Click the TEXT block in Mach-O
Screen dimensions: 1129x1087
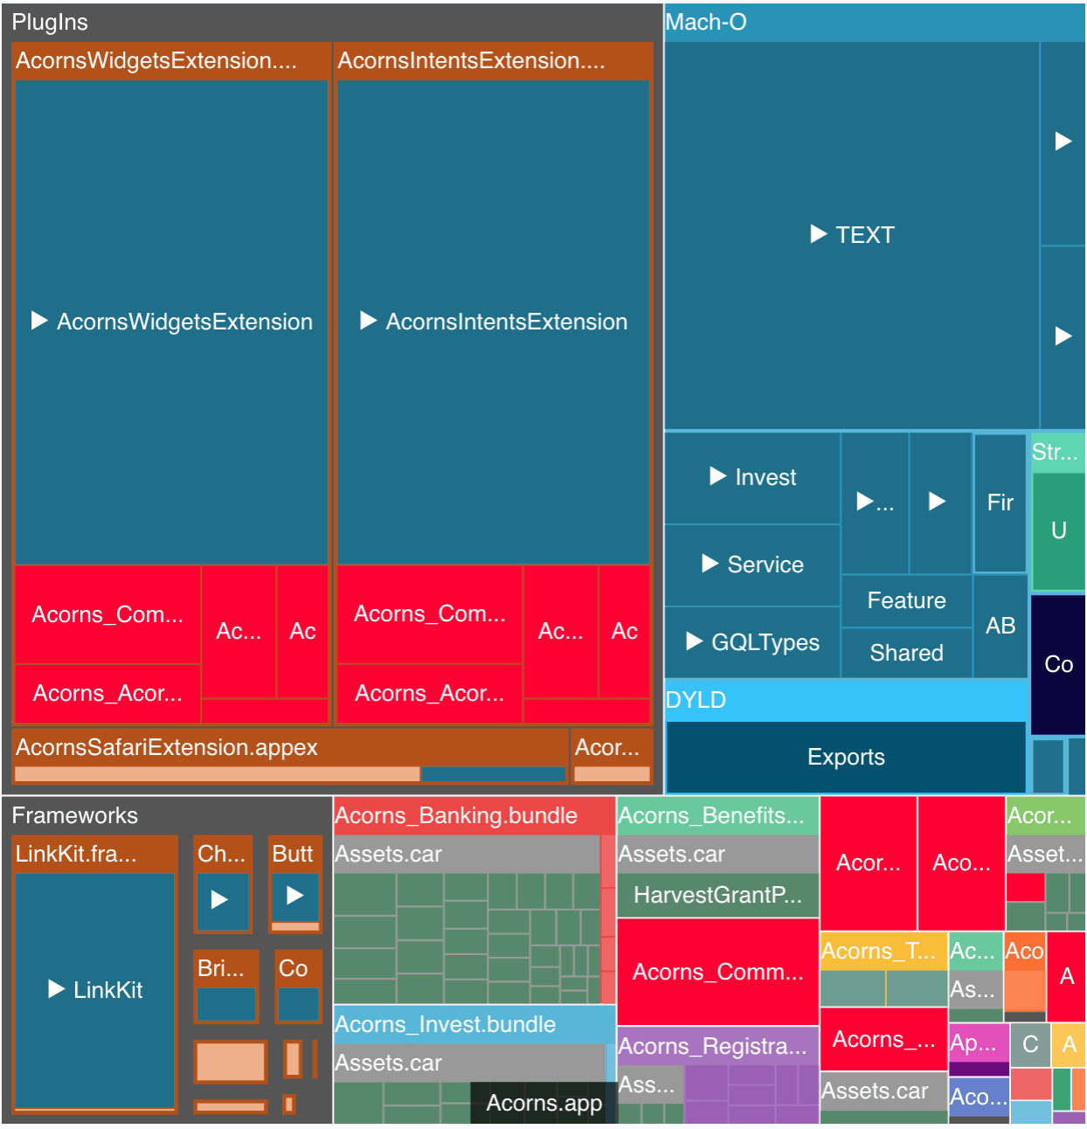coord(852,235)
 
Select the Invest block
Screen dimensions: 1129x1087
coord(752,477)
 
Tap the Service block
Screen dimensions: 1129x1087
coord(752,564)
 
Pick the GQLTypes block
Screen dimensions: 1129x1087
coord(752,642)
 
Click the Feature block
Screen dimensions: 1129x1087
coord(906,600)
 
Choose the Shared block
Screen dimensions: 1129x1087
coord(906,653)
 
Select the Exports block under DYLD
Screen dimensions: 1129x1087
coord(846,757)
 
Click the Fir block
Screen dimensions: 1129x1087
coord(1000,502)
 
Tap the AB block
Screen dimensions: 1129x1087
coord(1000,626)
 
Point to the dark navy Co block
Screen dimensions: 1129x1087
coord(1058,664)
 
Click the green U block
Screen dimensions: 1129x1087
coord(1058,530)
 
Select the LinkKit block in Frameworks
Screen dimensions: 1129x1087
coord(95,989)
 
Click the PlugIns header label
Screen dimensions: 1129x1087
coord(50,23)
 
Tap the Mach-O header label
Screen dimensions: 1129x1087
coord(706,23)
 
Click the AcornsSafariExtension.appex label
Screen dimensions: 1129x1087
coord(167,747)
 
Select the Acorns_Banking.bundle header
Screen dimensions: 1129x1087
coord(456,815)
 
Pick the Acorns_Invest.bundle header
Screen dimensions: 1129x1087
coord(446,1024)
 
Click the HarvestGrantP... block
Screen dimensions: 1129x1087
coord(717,895)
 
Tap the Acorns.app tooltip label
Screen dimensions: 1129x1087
coord(543,1103)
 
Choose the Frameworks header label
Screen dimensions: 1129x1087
coord(75,815)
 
